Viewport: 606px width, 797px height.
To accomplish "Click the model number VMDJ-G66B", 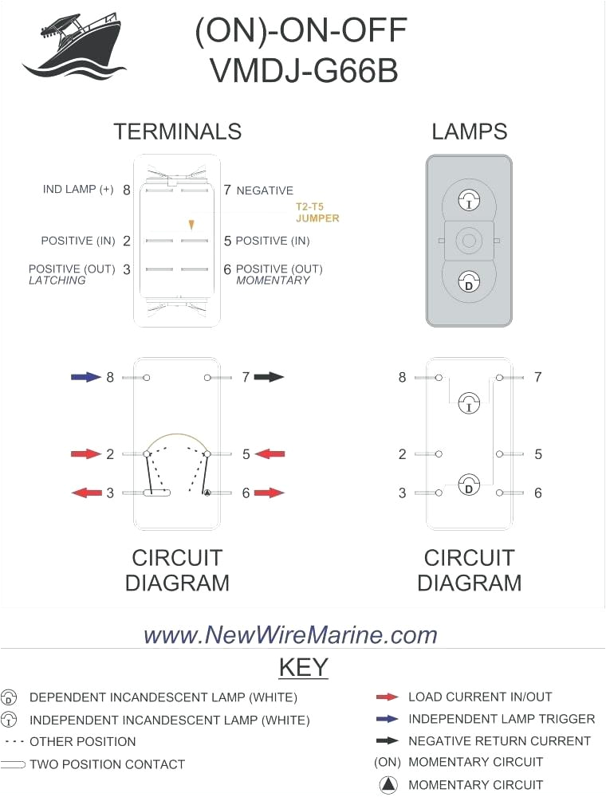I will (304, 71).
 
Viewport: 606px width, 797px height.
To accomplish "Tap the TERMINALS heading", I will (177, 132).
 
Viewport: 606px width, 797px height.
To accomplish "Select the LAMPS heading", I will (470, 132).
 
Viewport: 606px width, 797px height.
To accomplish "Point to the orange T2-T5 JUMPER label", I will (317, 212).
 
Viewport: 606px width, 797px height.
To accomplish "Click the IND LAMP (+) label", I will (78, 190).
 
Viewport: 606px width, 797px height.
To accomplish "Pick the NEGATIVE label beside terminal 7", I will (265, 190).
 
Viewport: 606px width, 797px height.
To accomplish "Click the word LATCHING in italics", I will (57, 281).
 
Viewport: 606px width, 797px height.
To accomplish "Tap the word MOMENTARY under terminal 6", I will (273, 281).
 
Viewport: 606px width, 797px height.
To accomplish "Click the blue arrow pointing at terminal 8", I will (86, 377).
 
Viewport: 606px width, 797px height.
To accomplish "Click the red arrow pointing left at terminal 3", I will (86, 493).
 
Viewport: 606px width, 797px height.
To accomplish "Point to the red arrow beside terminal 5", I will (270, 454).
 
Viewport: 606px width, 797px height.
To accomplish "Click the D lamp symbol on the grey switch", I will (469, 281).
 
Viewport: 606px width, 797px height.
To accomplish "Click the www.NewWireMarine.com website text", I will (290, 634).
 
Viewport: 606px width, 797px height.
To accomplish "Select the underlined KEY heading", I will (303, 666).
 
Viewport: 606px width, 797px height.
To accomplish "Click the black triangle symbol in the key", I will (388, 785).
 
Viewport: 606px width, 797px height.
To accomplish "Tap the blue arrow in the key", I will (388, 719).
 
